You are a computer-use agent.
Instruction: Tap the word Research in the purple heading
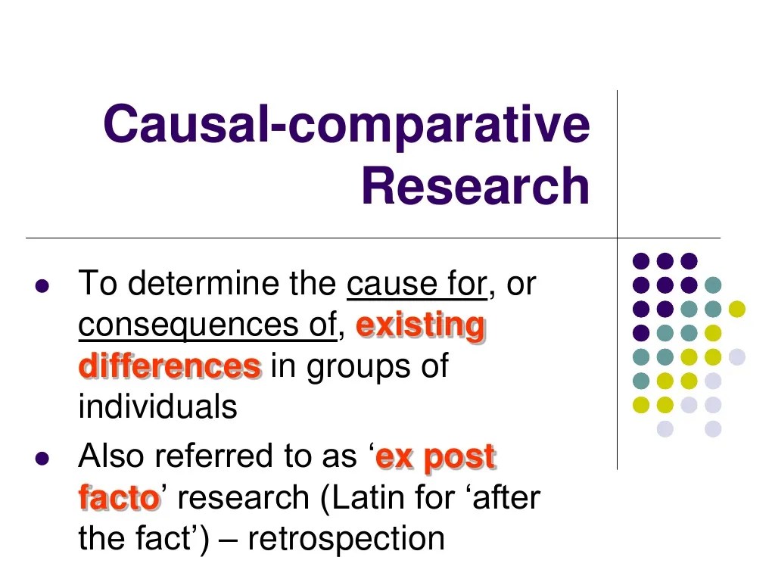(x=475, y=187)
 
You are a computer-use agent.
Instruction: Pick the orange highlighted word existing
(x=420, y=325)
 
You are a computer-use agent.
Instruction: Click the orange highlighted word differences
(x=170, y=366)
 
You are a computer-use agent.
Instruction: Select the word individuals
(x=157, y=407)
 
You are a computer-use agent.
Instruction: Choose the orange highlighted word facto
(x=119, y=498)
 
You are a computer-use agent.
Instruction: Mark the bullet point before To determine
(x=42, y=287)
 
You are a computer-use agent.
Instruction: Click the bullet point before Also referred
(x=42, y=459)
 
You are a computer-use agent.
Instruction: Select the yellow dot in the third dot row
(x=736, y=308)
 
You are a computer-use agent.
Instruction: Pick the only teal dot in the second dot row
(x=712, y=285)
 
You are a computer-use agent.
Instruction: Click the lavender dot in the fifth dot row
(x=736, y=356)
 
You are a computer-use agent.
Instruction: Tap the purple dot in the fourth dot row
(x=640, y=332)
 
